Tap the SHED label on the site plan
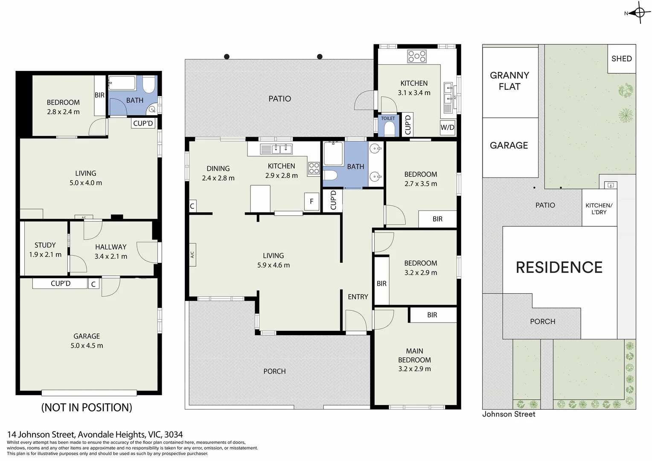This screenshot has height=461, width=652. point(621,59)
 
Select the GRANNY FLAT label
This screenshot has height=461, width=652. point(509,81)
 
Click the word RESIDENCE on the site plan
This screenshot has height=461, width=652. point(559,268)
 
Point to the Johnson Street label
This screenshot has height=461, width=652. point(509,414)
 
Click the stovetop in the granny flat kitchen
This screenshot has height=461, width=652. point(416,56)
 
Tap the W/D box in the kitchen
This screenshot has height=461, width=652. point(447,127)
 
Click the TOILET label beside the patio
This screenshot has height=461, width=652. point(388,119)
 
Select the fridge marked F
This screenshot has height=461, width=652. point(311,201)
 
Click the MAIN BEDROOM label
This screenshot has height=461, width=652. point(414,355)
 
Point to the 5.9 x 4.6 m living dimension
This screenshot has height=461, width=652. point(273,265)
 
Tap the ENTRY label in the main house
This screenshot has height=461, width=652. point(358,297)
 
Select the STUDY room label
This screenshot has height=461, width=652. point(45,245)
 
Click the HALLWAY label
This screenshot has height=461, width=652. point(111,247)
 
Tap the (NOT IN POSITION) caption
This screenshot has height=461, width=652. point(87,408)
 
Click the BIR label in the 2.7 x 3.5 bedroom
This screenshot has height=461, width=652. point(437,219)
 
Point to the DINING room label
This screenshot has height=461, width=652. point(218,169)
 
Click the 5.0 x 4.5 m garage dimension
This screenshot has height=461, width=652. point(87,346)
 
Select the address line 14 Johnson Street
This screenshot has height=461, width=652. point(95,435)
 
